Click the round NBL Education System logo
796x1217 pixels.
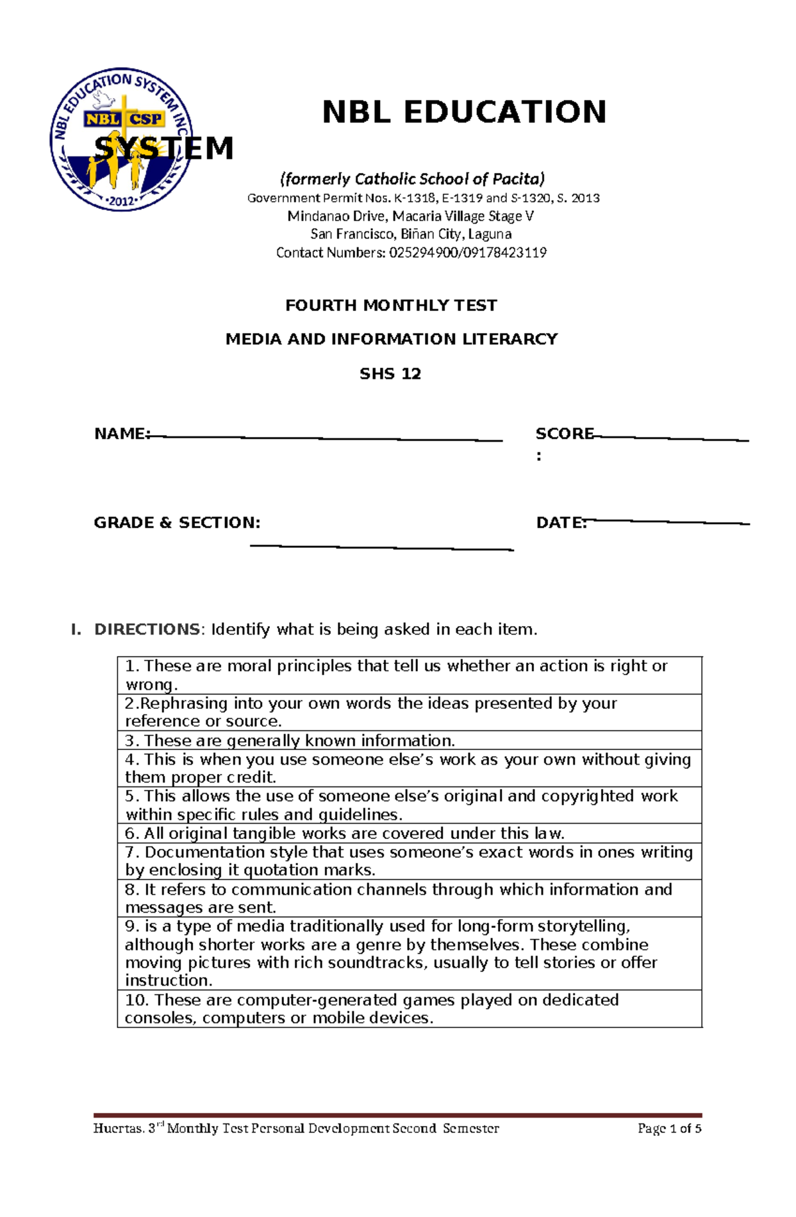pos(121,139)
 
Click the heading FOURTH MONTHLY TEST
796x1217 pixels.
pos(391,306)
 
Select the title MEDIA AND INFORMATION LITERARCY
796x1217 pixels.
pos(391,340)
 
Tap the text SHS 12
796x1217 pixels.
pos(390,374)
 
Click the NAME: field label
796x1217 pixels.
pos(122,434)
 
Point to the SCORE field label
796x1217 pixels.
pos(564,434)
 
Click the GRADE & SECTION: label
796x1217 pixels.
pos(177,523)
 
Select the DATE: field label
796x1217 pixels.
pos(561,523)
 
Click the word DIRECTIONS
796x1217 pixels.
pos(147,629)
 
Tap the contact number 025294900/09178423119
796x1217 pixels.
pos(468,253)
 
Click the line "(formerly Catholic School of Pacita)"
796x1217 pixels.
pos(412,178)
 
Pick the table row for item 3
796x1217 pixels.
pos(409,740)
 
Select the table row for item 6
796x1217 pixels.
pos(409,833)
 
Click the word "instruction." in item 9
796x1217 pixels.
pos(168,980)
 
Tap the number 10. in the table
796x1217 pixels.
pos(137,999)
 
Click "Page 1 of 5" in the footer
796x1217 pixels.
pos(669,1128)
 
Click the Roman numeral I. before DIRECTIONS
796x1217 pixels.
pos(76,629)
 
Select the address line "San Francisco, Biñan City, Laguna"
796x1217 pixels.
pos(411,234)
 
